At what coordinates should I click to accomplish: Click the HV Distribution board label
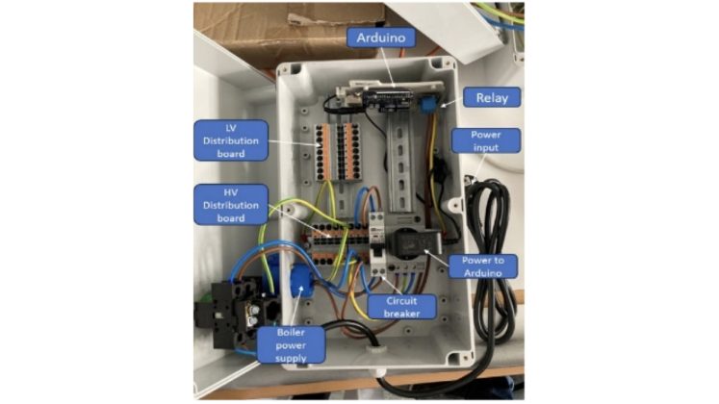click(x=230, y=204)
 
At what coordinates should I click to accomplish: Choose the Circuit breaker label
click(x=402, y=306)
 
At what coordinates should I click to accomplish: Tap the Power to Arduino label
click(x=491, y=266)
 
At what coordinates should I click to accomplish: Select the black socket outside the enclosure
click(x=231, y=308)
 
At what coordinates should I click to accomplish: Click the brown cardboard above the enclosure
click(x=289, y=29)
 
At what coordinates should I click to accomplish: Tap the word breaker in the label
click(x=402, y=312)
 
